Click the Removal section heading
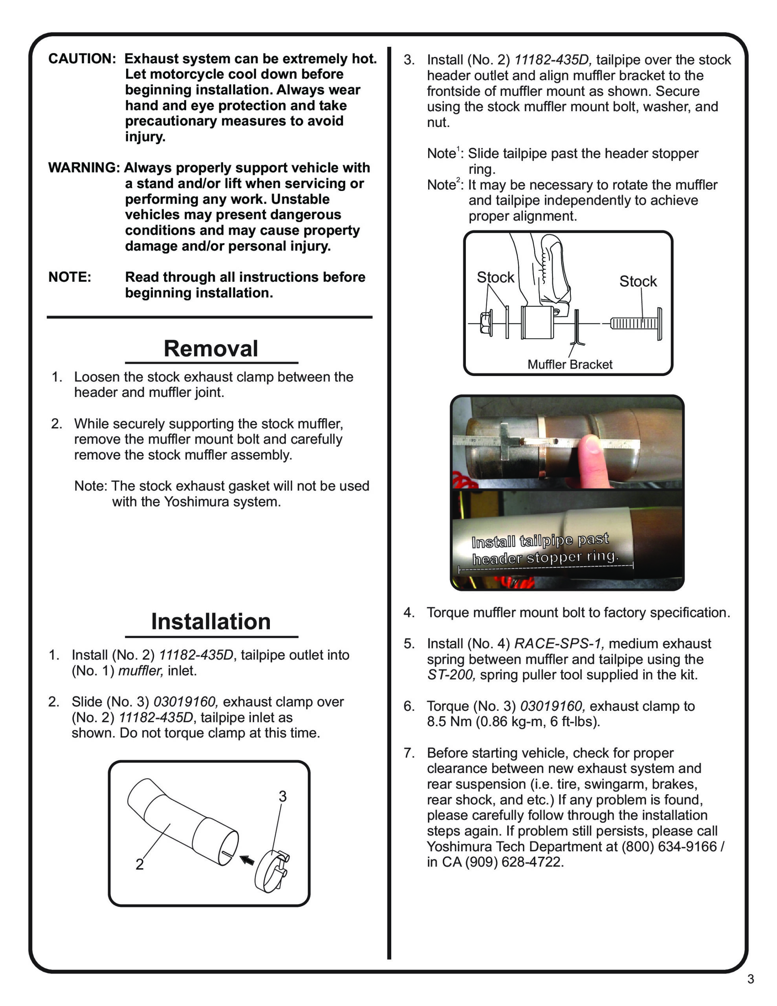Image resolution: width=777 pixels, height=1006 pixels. (x=211, y=349)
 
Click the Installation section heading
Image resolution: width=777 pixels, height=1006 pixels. (x=211, y=621)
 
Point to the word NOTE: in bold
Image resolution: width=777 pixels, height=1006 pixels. (x=70, y=277)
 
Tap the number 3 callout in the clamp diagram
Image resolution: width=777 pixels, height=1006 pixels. (x=282, y=797)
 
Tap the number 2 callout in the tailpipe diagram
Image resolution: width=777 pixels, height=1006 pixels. (x=139, y=865)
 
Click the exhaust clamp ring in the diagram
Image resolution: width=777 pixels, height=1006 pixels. (x=270, y=872)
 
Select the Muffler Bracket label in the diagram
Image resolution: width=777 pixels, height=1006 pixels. (x=570, y=364)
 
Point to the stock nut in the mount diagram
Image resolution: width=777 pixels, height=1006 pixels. (x=486, y=323)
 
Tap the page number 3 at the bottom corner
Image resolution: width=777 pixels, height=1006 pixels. (x=750, y=992)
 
